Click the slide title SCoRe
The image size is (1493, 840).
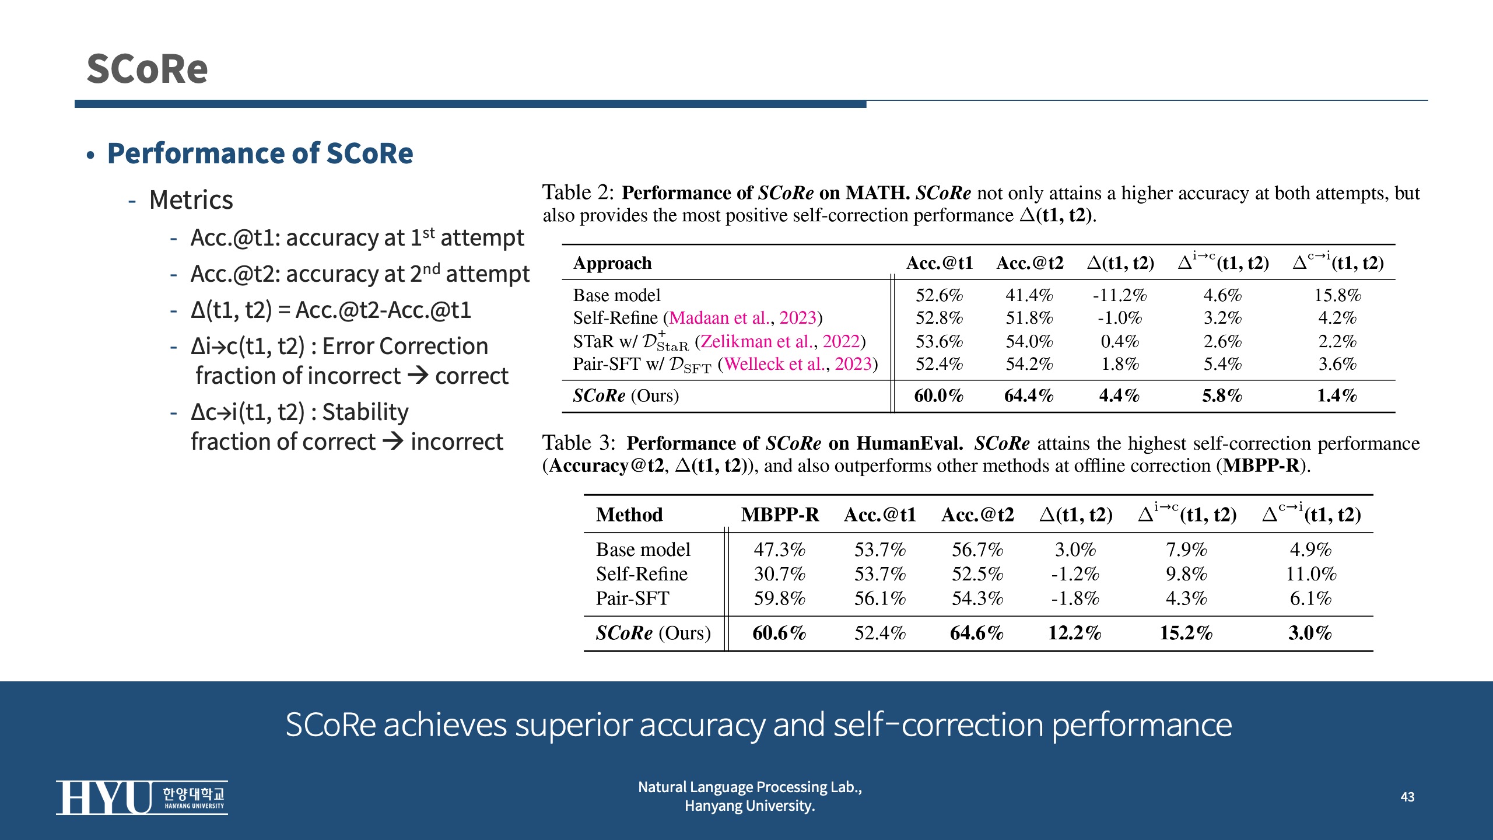pos(147,69)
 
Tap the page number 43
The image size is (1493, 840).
pos(1407,797)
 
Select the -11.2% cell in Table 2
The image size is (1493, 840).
pos(1120,295)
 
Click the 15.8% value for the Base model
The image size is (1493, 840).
pos(1337,295)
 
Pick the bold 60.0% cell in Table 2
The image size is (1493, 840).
pos(938,396)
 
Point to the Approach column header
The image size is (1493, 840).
pos(612,263)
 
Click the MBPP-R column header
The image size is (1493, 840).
pos(780,514)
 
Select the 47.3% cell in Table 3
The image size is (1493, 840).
pos(779,549)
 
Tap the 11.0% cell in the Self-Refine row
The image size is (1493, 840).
pos(1311,574)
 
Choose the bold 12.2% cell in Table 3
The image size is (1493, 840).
pos(1074,633)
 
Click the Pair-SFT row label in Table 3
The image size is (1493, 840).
pos(632,598)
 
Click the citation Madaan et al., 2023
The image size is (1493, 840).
pos(742,318)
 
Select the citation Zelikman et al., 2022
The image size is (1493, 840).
pos(780,341)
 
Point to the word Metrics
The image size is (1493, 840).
pos(191,200)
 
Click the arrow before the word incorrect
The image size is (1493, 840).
pos(393,442)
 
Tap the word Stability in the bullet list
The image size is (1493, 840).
pos(365,412)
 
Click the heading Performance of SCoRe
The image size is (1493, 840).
pos(260,153)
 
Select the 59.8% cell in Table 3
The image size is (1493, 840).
pos(779,598)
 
